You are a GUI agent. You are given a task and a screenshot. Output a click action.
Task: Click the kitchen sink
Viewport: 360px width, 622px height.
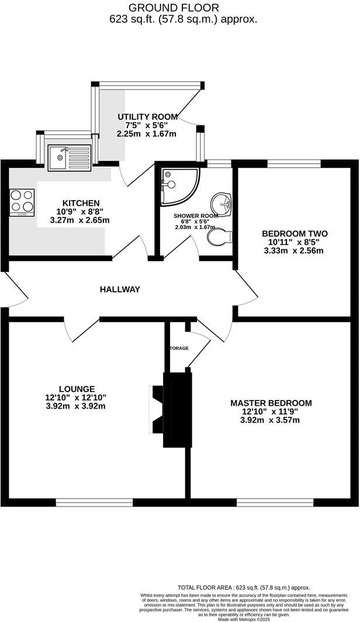(68, 157)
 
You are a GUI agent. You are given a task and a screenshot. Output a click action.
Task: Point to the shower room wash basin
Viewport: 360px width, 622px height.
(222, 204)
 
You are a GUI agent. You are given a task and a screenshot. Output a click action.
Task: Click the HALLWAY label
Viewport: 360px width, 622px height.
(120, 289)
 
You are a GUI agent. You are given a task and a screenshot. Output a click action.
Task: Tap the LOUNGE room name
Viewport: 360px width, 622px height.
(77, 389)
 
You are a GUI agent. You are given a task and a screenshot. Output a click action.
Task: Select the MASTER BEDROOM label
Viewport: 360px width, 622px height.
(271, 403)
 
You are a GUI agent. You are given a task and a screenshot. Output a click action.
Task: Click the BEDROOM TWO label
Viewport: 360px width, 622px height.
(294, 234)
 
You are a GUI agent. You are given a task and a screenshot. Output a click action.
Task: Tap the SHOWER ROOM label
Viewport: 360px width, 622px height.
(196, 215)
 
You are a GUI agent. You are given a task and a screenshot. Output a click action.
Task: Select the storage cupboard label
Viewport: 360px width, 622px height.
(179, 348)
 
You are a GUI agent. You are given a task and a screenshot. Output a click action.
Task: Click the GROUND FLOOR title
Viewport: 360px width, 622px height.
(174, 8)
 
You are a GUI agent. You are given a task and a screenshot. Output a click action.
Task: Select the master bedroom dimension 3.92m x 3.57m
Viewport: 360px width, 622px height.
(270, 419)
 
